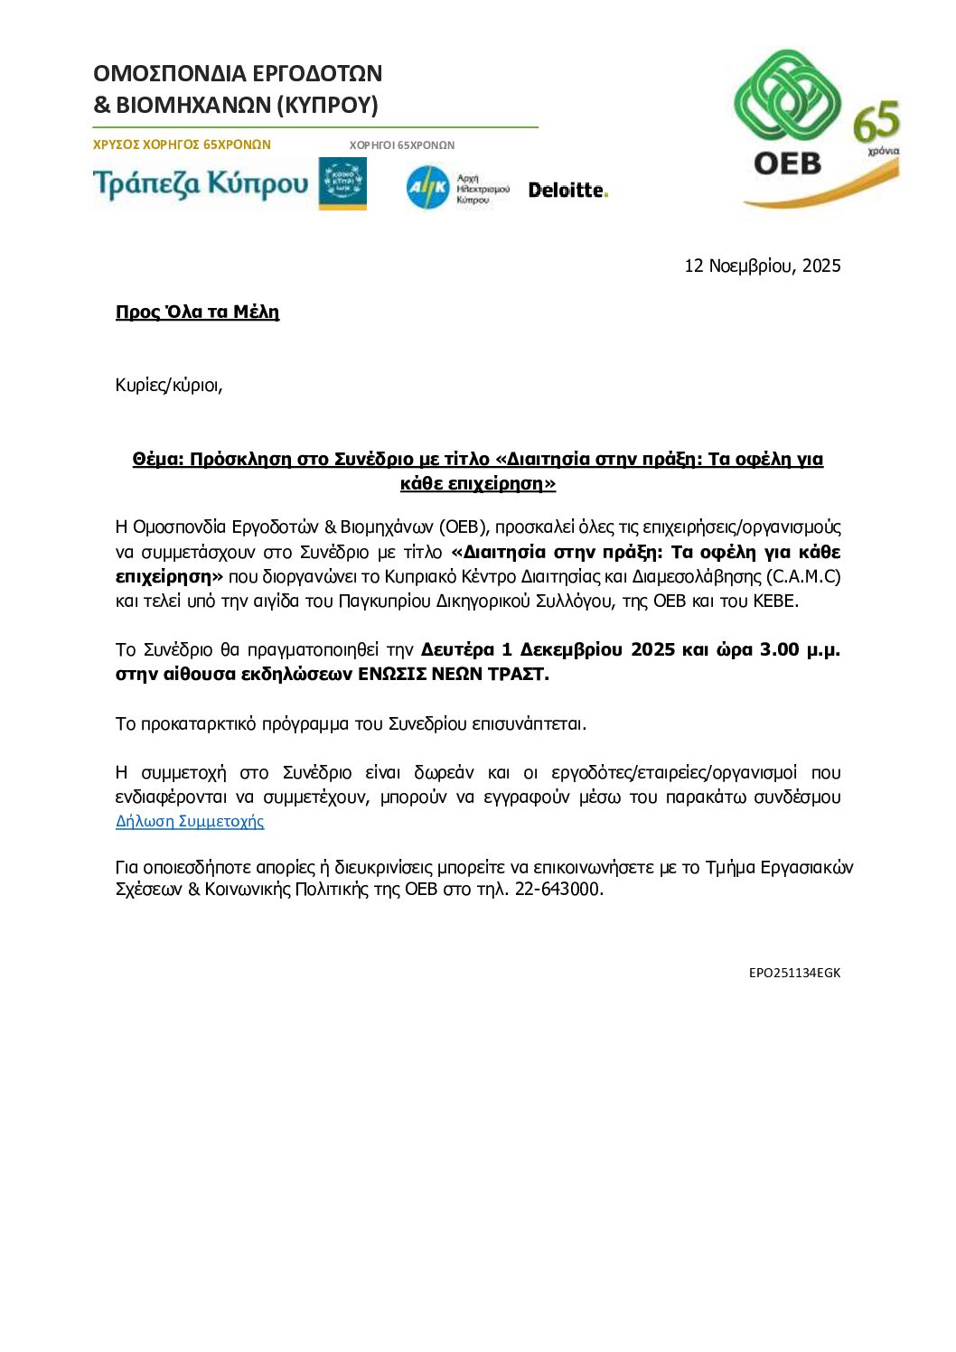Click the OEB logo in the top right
[x=787, y=113]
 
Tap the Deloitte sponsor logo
[x=567, y=190]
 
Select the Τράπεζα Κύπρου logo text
[x=201, y=184]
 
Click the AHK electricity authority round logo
[x=427, y=188]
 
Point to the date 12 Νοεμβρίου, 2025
[x=762, y=266]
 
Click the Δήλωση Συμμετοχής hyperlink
[x=190, y=821]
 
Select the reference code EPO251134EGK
[x=794, y=973]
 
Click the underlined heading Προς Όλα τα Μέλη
[x=197, y=312]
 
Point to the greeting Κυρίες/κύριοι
[x=169, y=385]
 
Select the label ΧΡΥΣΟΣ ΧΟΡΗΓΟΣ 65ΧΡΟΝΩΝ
[x=182, y=145]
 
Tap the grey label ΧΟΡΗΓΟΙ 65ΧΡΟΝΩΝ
[x=402, y=145]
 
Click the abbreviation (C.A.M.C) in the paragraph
[x=803, y=576]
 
